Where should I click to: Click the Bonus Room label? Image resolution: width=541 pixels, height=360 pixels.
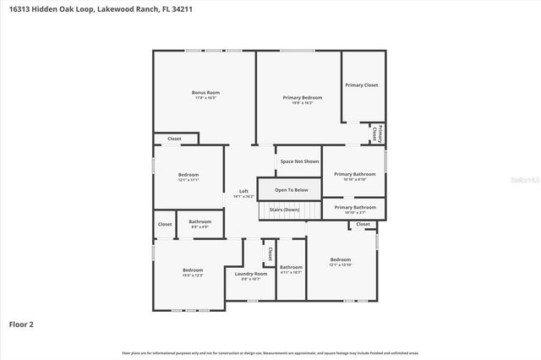[x=205, y=92]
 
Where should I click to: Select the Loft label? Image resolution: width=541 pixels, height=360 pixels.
[x=243, y=191]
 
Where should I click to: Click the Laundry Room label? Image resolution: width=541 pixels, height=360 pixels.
[x=251, y=274]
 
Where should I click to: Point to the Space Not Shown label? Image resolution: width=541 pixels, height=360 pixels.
[x=300, y=161]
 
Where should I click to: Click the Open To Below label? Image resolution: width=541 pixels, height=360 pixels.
[x=291, y=190]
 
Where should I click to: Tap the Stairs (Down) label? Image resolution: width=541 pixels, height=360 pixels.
[x=284, y=209]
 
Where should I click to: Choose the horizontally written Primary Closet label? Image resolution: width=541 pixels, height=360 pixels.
[x=361, y=85]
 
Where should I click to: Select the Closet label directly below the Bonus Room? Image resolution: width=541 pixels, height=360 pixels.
[x=174, y=139]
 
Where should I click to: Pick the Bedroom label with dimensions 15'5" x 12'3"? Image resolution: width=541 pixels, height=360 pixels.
[x=193, y=270]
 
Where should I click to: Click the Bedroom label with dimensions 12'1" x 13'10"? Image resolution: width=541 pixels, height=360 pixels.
[x=340, y=259]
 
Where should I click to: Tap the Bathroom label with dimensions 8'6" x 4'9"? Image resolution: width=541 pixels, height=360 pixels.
[x=200, y=222]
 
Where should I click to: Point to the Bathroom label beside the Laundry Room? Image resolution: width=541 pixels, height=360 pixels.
[x=291, y=268]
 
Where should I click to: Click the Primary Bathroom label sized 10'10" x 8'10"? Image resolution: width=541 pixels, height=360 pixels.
[x=355, y=174]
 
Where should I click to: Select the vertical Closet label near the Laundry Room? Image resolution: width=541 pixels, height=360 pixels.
[x=270, y=252]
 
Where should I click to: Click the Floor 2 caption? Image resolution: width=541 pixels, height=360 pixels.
[x=21, y=324]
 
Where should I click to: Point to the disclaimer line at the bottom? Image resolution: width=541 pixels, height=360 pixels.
[x=270, y=352]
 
